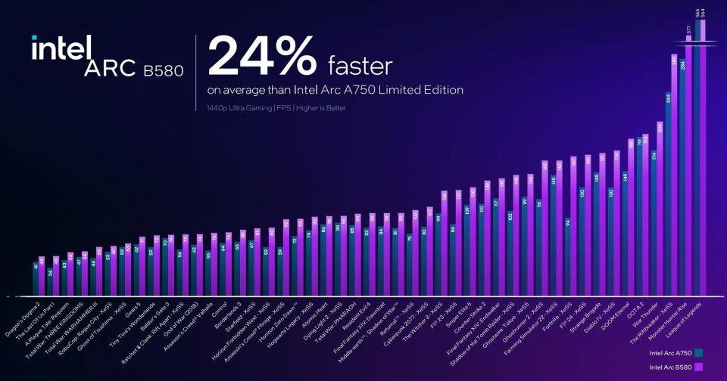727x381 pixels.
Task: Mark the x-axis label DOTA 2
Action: coord(635,307)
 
